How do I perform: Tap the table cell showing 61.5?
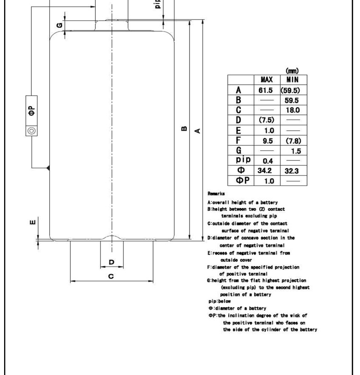[266, 90]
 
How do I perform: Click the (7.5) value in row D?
[266, 120]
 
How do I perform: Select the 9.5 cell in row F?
[266, 141]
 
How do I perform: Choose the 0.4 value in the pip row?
[266, 161]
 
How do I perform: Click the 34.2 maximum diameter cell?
[266, 171]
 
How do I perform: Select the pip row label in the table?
[241, 161]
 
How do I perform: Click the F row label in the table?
[241, 140]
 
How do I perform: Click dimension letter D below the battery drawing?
[111, 262]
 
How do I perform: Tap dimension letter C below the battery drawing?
[111, 277]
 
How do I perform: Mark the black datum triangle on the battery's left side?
[48, 168]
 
